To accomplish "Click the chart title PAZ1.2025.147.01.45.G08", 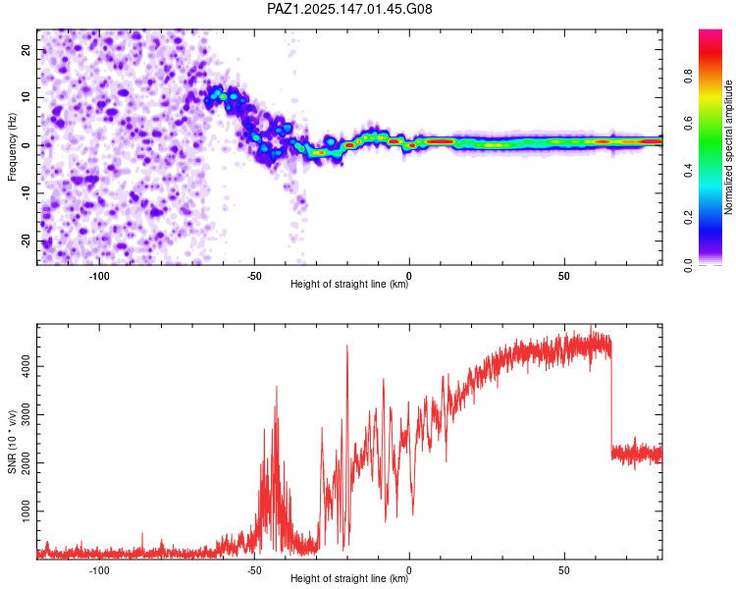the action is (349, 9).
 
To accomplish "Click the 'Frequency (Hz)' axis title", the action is (12, 147).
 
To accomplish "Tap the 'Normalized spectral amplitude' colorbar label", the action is (728, 147).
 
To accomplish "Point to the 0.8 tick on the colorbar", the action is (689, 76).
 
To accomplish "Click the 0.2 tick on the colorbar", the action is (689, 218).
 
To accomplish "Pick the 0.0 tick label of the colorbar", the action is (689, 265).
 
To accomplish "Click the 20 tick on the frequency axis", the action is (26, 50).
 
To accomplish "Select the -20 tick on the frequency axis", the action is (26, 241).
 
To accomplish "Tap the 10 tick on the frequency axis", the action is (26, 98).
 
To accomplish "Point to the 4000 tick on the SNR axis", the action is (26, 366).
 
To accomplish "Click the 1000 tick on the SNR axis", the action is (26, 511).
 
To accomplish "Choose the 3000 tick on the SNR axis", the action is (26, 414).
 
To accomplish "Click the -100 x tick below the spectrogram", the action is (99, 276).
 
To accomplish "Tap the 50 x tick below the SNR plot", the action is (564, 570).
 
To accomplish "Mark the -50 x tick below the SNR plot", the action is (254, 570).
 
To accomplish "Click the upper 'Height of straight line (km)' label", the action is (349, 284).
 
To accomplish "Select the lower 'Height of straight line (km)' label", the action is (349, 578).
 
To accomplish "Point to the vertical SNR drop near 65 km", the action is (611, 403).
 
